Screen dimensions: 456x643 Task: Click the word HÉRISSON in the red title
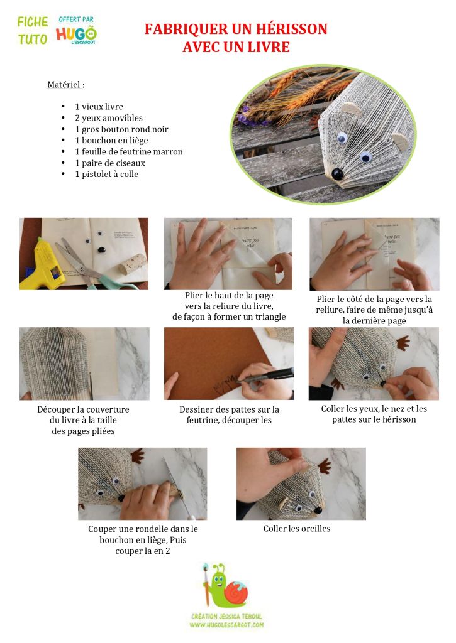[291, 29]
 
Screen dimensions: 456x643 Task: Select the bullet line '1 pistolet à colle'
[107, 175]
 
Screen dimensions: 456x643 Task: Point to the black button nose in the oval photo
[337, 175]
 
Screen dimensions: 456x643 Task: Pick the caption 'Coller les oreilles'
[297, 529]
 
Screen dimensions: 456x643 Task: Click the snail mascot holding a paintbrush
[226, 585]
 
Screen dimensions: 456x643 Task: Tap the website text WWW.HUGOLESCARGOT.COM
[226, 625]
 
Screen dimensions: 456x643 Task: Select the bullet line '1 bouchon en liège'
[111, 140]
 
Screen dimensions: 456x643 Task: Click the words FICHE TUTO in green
[33, 30]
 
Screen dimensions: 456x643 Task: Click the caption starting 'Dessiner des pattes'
[229, 414]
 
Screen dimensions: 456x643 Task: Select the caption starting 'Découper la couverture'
[84, 420]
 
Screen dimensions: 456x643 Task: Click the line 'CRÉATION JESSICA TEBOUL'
[226, 616]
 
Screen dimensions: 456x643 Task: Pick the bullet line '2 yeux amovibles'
[109, 118]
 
